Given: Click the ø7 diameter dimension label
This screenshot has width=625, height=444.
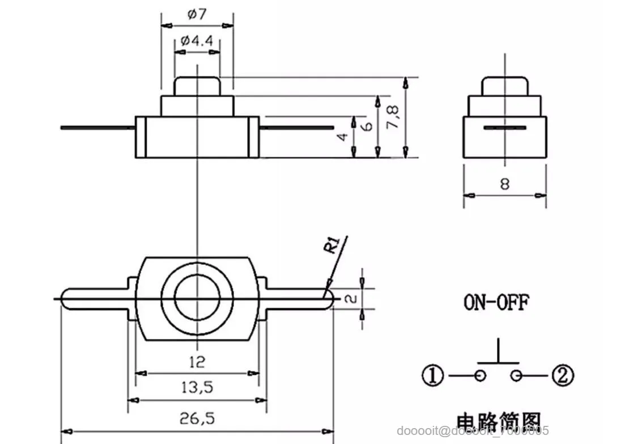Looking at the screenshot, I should pos(197,15).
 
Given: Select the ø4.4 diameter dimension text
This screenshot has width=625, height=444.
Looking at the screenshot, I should pos(197,41).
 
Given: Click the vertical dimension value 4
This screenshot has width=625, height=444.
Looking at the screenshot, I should pos(342,138).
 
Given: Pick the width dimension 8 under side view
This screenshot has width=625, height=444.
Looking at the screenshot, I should pos(505,184).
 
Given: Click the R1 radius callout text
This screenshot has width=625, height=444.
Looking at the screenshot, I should pos(332,246).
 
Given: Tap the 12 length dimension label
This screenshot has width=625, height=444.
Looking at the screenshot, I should pos(196,361).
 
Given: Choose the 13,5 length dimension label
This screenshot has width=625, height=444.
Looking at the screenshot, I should pos(196,388).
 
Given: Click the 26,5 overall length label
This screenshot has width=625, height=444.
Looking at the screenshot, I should pos(196,418).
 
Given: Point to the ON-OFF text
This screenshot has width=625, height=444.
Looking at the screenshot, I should pos(496,302).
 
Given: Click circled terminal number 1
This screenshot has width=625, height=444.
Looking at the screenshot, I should pos(433,375).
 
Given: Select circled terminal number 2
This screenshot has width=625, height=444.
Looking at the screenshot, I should pos(563,375).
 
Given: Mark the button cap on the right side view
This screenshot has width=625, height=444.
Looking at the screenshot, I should pos(505,86).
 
